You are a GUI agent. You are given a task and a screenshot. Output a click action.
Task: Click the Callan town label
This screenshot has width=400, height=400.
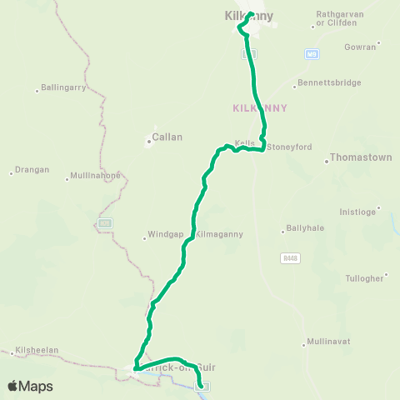(167, 137)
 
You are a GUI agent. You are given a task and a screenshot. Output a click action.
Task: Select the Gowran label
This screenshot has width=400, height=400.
(359, 47)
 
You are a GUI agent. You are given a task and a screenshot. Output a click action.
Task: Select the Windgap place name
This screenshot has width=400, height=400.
(162, 234)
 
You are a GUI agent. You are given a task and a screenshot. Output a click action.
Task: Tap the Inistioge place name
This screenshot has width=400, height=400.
(357, 212)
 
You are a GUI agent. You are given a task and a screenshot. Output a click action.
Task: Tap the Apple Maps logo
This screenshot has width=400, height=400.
(29, 386)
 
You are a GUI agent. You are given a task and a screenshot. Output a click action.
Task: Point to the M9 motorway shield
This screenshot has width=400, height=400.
(312, 53)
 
